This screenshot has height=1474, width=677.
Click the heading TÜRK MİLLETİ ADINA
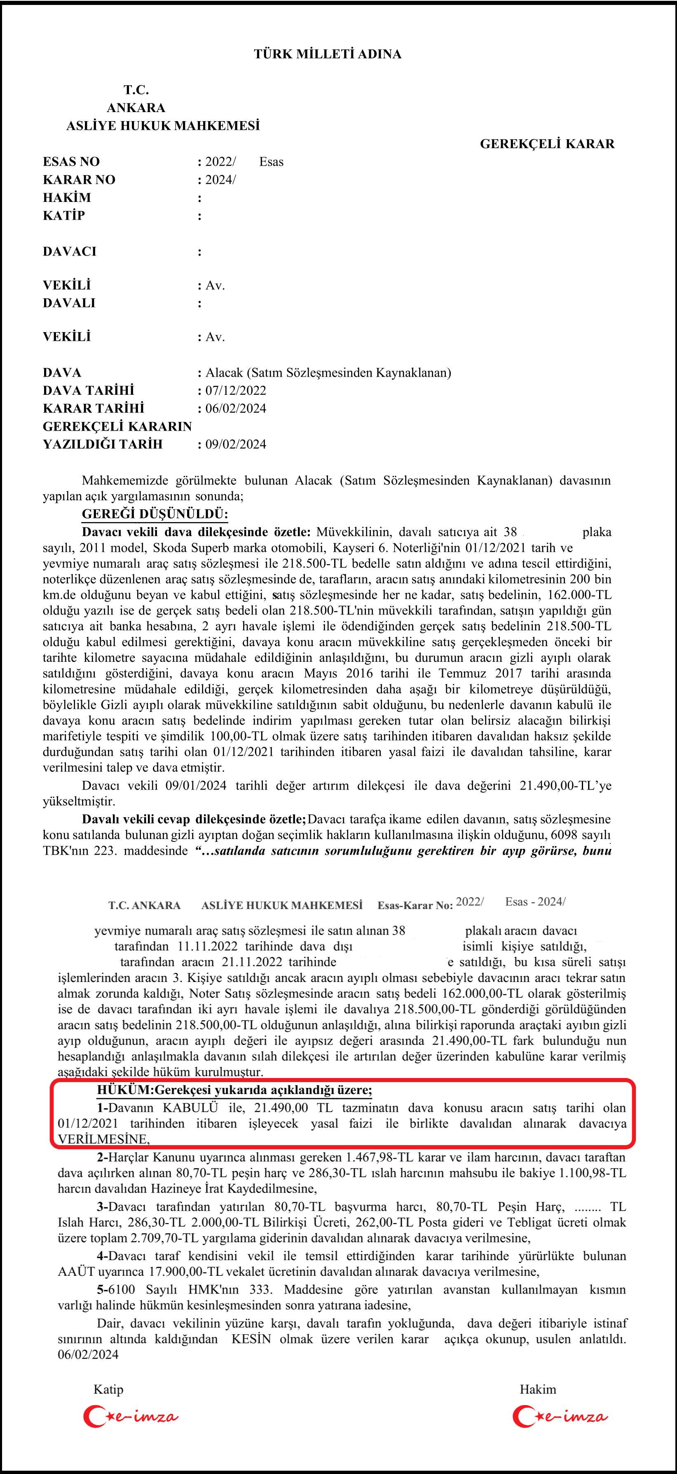[327, 54]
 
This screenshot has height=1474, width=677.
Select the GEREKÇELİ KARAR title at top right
[547, 144]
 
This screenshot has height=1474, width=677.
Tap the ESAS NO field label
[71, 162]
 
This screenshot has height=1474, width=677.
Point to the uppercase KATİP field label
[63, 216]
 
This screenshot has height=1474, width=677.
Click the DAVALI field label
[69, 303]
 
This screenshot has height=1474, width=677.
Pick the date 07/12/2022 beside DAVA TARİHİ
[236, 391]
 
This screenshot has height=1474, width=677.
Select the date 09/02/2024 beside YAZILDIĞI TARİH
[236, 445]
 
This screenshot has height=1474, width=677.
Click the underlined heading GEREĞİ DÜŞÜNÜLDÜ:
[155, 514]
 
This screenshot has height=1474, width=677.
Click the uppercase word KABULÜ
[190, 1108]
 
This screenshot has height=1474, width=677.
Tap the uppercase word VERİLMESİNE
[103, 1139]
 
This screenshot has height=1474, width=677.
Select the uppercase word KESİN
[251, 1339]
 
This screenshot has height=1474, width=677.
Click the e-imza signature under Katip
[131, 1417]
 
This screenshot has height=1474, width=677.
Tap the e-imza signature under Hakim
[560, 1417]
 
